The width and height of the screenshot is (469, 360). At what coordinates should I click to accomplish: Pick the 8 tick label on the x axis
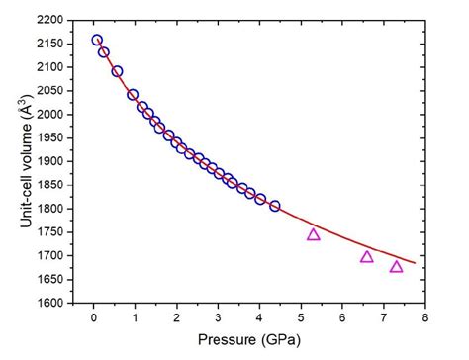(x=424, y=318)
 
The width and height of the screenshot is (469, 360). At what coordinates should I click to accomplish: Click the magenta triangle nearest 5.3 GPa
(x=314, y=234)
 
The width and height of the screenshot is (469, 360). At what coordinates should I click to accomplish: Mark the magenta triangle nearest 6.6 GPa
(x=367, y=256)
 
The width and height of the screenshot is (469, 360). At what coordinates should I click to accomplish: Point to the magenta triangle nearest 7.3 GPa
(x=397, y=266)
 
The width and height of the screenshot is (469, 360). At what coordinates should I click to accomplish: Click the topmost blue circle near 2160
(x=97, y=41)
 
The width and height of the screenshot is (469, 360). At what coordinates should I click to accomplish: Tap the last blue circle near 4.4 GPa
(x=274, y=206)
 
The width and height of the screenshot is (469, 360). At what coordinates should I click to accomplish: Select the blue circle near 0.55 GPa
(x=117, y=71)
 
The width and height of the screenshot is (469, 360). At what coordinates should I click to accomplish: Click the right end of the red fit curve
(x=415, y=263)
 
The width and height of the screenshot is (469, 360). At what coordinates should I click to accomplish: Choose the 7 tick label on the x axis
(x=383, y=318)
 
